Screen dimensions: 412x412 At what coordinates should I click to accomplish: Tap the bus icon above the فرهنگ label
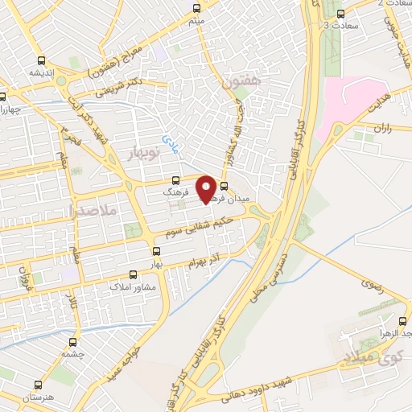175,182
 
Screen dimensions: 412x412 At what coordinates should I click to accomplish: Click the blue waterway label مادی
170,143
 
